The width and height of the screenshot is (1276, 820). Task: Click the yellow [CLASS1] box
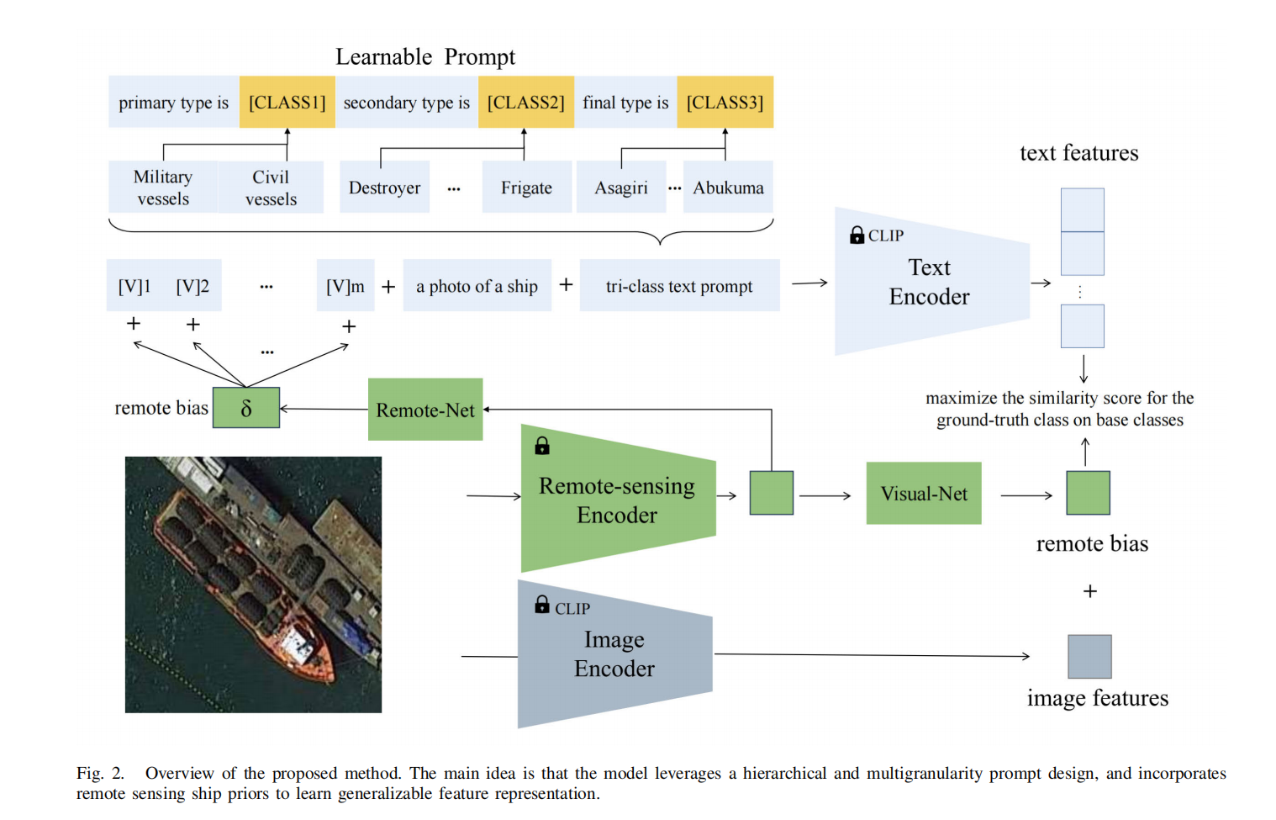tap(287, 102)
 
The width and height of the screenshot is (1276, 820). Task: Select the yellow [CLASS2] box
tap(525, 102)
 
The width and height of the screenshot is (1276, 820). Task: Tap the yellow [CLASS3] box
tap(725, 102)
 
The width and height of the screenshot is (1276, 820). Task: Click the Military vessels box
tap(163, 188)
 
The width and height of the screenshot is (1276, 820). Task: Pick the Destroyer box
tap(384, 188)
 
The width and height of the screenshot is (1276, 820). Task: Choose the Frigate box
tap(526, 188)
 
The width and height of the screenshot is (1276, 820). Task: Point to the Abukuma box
tap(728, 188)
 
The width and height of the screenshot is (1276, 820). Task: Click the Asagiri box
tap(621, 188)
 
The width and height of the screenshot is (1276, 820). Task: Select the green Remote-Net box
tap(425, 410)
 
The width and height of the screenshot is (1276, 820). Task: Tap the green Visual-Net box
tap(924, 494)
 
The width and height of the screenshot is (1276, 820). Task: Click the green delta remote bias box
tap(245, 408)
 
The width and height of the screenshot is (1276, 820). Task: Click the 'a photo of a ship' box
tap(477, 286)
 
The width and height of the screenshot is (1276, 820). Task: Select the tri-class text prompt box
tap(679, 286)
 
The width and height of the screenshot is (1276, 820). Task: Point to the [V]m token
tap(345, 286)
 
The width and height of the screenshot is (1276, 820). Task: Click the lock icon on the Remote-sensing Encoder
tap(542, 446)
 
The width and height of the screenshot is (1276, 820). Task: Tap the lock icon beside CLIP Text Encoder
tap(857, 235)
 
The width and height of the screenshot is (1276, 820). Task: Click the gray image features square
tap(1089, 656)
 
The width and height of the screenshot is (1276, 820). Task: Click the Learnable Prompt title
tap(425, 56)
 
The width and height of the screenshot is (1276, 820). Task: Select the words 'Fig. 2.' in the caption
tap(100, 773)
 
